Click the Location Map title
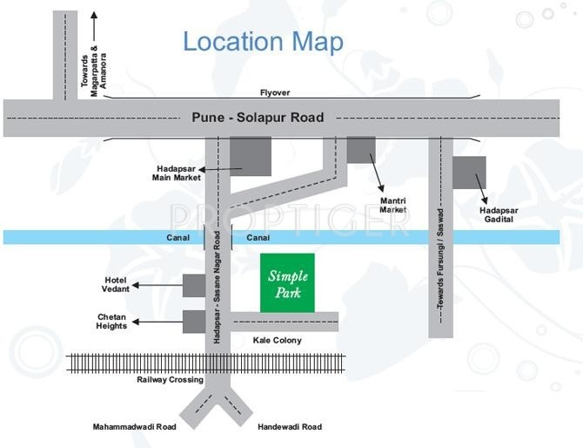pyautogui.click(x=263, y=42)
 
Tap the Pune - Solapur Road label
pyautogui.click(x=257, y=118)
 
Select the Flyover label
pyautogui.click(x=275, y=92)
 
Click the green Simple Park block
pyautogui.click(x=287, y=282)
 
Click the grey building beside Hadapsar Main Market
pyautogui.click(x=251, y=156)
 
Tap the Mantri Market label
pyautogui.click(x=393, y=205)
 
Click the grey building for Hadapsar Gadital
pyautogui.click(x=469, y=173)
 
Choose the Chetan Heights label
pyautogui.click(x=111, y=322)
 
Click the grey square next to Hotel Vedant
pyautogui.click(x=194, y=285)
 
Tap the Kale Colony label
pyautogui.click(x=277, y=340)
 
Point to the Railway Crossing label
pyautogui.click(x=170, y=380)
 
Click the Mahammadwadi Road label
pyautogui.click(x=135, y=427)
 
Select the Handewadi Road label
pyautogui.click(x=290, y=427)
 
